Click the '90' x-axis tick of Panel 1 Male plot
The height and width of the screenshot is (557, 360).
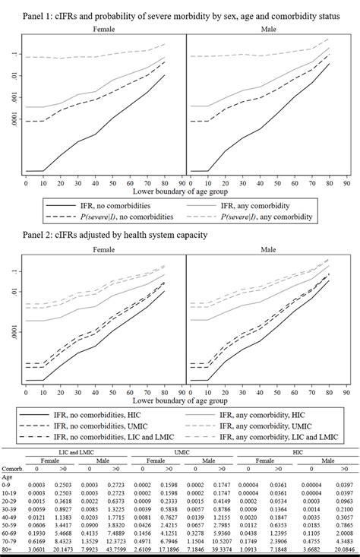(x=346, y=183)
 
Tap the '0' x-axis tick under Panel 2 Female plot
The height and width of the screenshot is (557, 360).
(x=26, y=391)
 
